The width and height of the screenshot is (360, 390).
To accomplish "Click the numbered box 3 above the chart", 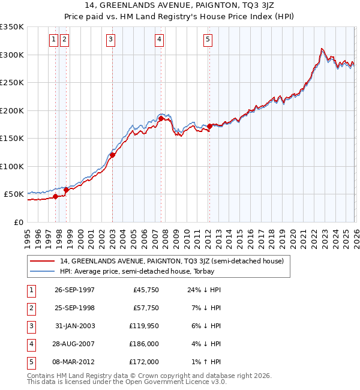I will [111, 40].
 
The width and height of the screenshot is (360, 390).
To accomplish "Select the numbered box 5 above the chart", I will [208, 40].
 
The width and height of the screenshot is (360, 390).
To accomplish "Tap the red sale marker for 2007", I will [161, 119].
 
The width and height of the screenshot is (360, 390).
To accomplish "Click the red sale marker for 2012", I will [209, 126].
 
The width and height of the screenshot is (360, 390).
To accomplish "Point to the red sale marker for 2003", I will [112, 155].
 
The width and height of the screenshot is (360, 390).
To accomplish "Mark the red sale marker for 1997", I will [56, 196].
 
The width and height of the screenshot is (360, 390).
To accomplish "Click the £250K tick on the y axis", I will [12, 82].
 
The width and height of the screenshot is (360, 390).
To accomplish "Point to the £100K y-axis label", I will [12, 166].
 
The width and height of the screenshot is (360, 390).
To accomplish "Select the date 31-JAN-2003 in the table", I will [74, 326].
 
